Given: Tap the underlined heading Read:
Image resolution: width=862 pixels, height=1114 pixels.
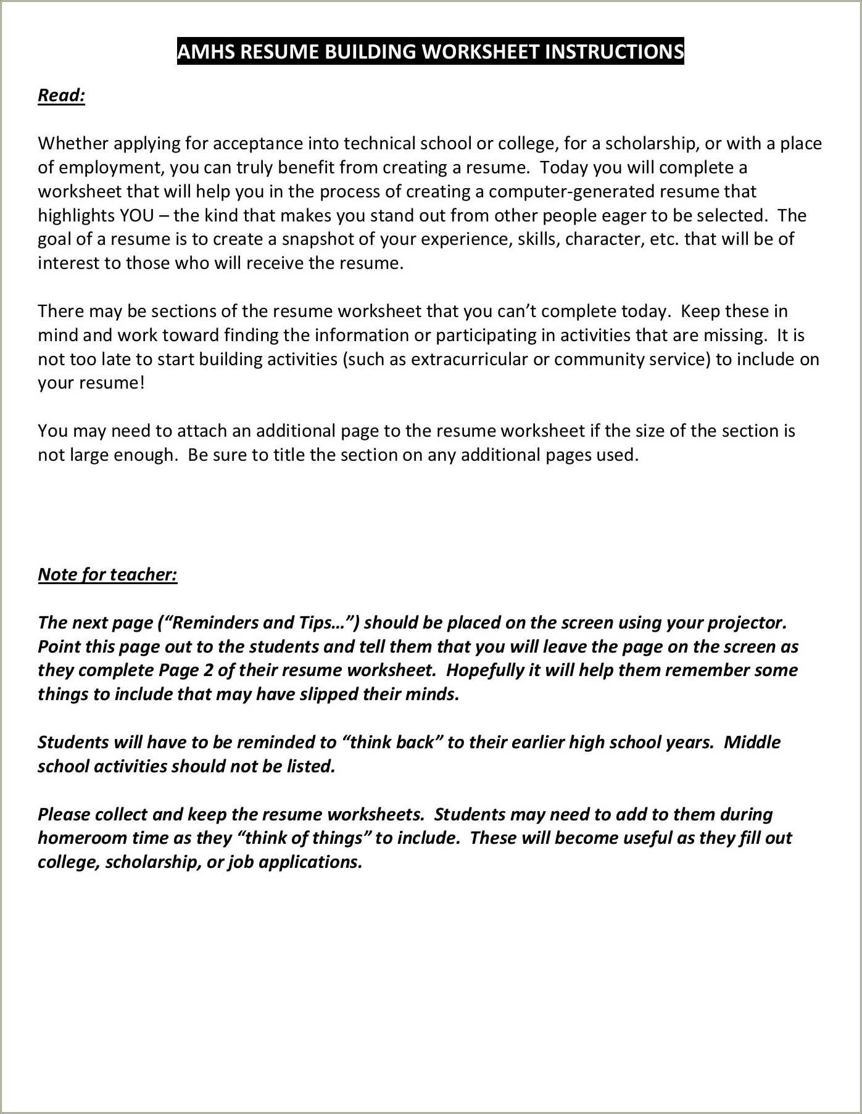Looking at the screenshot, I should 61,95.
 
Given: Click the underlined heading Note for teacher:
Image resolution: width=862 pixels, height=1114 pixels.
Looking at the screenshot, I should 107,574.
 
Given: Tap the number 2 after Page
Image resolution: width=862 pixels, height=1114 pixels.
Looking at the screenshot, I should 209,670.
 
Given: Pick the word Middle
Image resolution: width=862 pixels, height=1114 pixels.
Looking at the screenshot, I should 752,742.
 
